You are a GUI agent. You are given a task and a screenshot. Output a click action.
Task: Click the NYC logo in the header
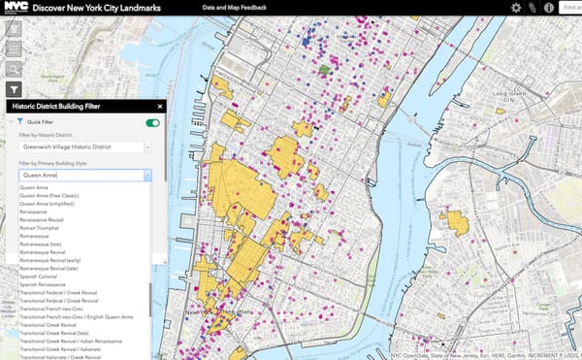(16, 7)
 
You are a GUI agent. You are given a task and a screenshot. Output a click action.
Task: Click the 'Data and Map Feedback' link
(233, 7)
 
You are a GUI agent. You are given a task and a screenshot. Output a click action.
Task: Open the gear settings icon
(516, 8)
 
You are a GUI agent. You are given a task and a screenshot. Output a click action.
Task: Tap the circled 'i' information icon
(549, 8)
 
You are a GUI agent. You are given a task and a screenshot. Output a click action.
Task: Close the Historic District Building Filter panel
(159, 107)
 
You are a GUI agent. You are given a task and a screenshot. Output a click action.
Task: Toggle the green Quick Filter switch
(152, 123)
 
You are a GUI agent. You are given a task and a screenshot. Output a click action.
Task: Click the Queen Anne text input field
(80, 176)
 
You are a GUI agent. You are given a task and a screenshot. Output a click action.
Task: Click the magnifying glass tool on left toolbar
(15, 69)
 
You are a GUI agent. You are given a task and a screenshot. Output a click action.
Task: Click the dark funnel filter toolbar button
(15, 88)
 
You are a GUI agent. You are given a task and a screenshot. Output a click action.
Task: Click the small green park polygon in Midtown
(325, 70)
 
